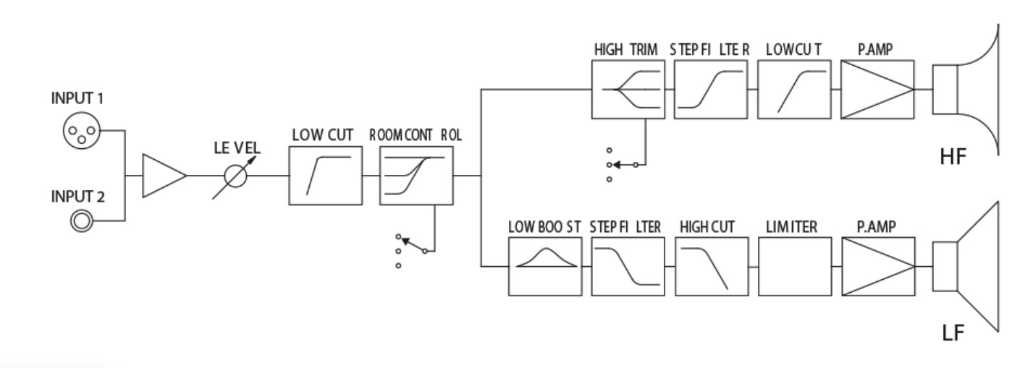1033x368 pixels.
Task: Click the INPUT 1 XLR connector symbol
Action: (78, 132)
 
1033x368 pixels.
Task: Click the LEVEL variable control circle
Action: (235, 176)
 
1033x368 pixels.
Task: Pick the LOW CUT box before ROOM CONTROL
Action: (325, 176)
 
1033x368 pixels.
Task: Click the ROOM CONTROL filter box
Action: (416, 176)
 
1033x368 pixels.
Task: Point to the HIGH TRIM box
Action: (626, 90)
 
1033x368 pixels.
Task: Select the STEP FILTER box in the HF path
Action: (709, 90)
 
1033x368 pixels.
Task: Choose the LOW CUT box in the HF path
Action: (794, 90)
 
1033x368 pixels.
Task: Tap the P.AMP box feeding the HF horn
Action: (877, 90)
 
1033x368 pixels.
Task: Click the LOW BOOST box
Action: (544, 267)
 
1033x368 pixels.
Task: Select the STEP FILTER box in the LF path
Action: (627, 267)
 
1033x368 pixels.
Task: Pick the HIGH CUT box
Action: (710, 267)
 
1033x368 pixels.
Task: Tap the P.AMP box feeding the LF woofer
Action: (877, 267)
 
